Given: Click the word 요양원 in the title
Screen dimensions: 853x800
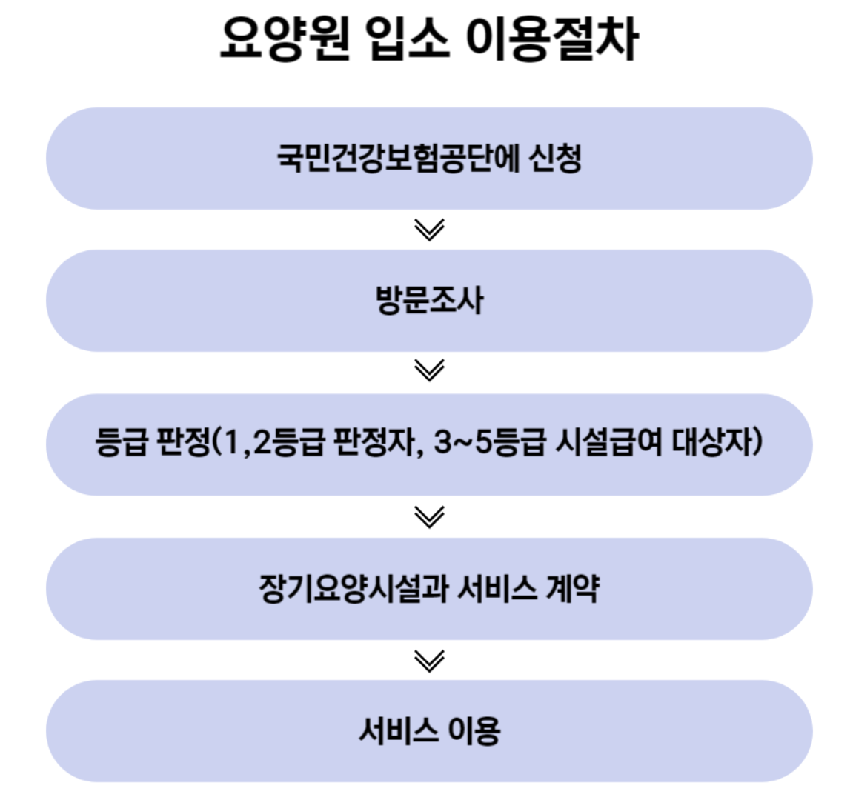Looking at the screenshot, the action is click(285, 39).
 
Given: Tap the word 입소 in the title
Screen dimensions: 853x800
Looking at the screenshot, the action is click(408, 39).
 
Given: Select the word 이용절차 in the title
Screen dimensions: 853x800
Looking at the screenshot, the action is click(551, 39).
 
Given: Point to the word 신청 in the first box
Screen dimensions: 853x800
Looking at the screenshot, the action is click(555, 159).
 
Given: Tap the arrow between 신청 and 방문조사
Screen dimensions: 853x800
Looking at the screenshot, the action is click(429, 230).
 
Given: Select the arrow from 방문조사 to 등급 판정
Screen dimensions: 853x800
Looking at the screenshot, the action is click(429, 370).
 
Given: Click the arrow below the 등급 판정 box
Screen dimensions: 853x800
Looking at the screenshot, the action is click(429, 516).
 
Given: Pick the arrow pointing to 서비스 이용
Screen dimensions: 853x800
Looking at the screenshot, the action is click(429, 659).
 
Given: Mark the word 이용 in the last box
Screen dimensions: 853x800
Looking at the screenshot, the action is click(474, 731).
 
